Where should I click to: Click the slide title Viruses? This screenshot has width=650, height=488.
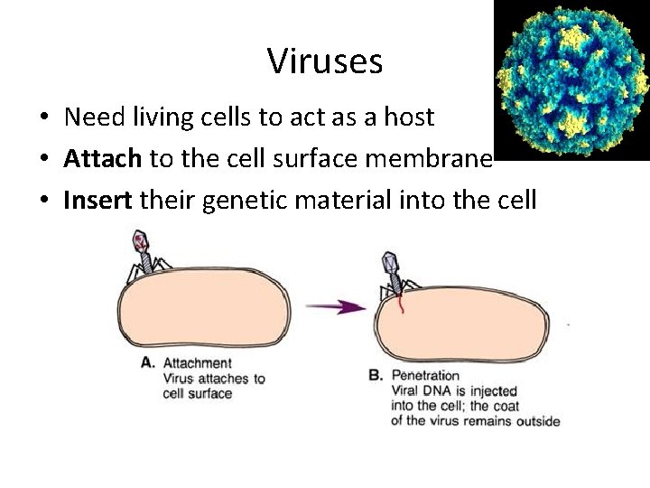coord(325,61)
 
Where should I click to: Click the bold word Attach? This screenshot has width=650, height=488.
coord(102,159)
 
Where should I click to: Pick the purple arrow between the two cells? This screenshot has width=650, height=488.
coord(335,307)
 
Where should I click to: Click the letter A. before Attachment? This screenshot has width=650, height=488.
coord(149,363)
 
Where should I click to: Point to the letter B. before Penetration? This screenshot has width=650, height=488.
coord(376,375)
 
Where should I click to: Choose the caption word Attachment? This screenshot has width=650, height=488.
coord(197,363)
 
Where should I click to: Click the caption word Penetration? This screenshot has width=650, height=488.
coord(425,375)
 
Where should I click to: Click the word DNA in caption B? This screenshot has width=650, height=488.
coord(444,391)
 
